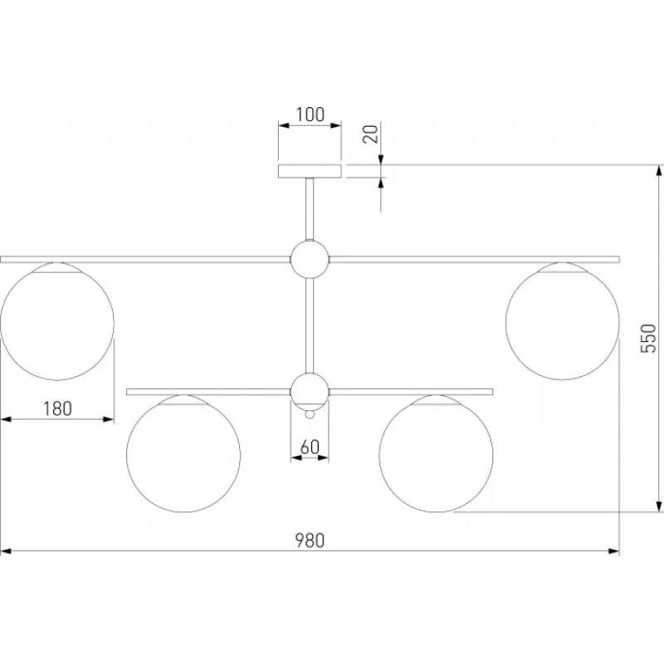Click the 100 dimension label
click(x=310, y=115)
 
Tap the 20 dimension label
click(x=371, y=134)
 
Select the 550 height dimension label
click(x=648, y=339)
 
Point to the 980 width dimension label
click(x=310, y=540)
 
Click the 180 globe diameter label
click(x=57, y=408)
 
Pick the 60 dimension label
click(x=310, y=447)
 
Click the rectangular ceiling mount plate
click(x=310, y=171)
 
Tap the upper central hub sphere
click(x=310, y=259)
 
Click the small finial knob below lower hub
click(x=310, y=414)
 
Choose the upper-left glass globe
click(x=57, y=321)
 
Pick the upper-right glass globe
click(x=563, y=321)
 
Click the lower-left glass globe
click(x=183, y=453)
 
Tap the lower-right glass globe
click(x=437, y=453)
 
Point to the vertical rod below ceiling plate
click(x=310, y=209)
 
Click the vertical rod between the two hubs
click(x=310, y=325)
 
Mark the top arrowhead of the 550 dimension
click(x=658, y=171)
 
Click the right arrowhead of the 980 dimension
click(x=613, y=551)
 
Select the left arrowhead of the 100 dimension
click(x=284, y=125)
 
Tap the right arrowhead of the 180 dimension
click(x=108, y=419)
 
